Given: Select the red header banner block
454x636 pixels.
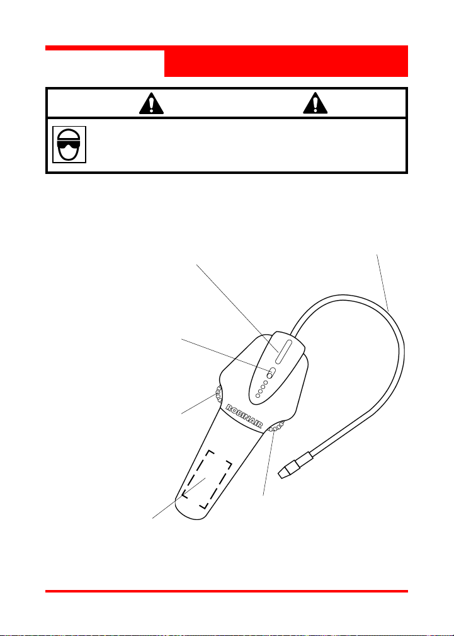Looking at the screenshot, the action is coord(286,62).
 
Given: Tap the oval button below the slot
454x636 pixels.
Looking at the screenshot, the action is coord(271,373).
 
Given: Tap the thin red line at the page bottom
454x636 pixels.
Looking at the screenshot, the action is coord(227,591).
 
